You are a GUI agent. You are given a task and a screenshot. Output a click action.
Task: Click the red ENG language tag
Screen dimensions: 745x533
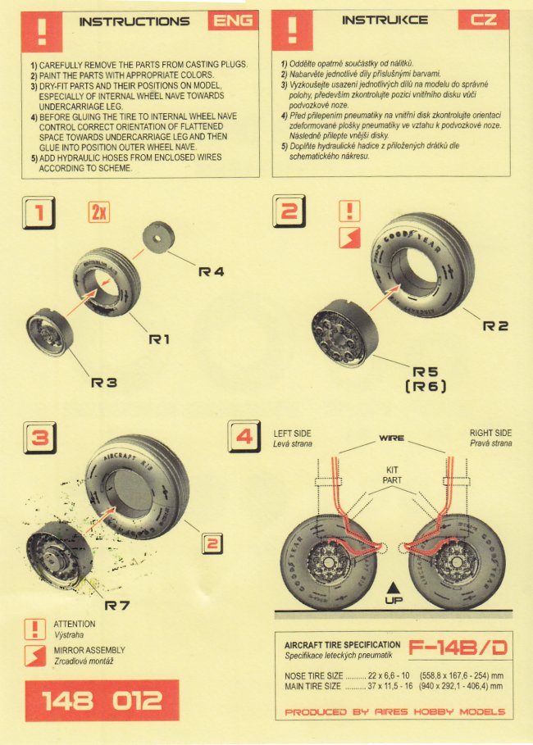tap(233, 20)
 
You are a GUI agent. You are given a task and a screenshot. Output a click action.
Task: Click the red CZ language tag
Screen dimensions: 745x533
tap(485, 20)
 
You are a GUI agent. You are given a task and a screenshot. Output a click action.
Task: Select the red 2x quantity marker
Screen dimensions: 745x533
tap(98, 213)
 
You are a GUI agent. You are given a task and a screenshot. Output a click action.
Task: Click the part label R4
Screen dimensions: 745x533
tap(212, 270)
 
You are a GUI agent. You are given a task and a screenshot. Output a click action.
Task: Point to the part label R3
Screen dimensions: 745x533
tap(104, 382)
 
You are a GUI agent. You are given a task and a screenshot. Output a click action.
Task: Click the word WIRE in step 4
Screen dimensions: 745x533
tap(390, 439)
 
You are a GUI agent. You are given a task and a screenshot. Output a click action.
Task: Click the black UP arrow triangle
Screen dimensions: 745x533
tap(394, 586)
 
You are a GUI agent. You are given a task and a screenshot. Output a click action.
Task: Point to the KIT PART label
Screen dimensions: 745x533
tap(392, 475)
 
